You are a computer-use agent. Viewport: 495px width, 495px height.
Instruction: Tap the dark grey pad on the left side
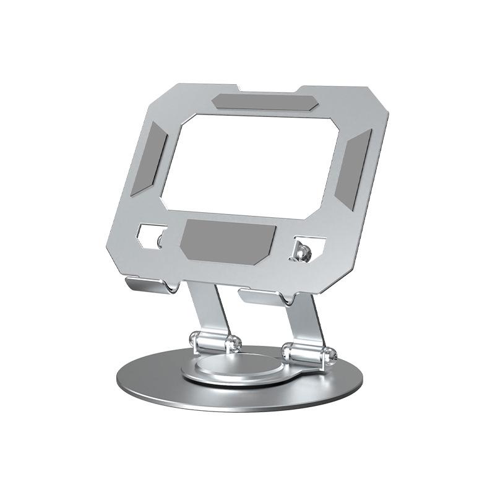click(x=150, y=158)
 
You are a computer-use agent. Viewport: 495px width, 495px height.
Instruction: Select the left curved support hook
click(x=148, y=285)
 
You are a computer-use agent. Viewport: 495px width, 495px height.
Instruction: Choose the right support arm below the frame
click(x=312, y=319)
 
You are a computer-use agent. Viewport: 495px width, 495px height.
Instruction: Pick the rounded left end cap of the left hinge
click(x=193, y=339)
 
